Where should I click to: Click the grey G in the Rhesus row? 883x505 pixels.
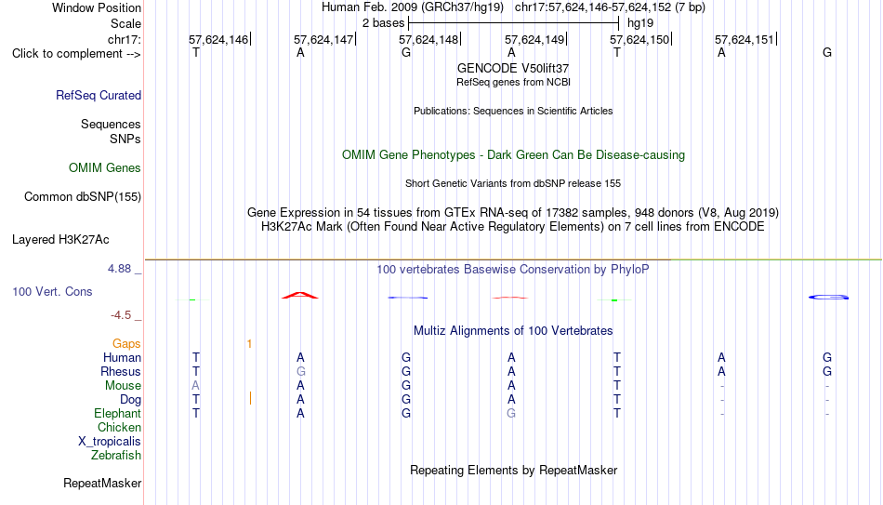[301, 371]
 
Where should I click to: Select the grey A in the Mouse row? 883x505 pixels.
[195, 386]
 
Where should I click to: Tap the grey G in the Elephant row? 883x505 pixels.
[511, 413]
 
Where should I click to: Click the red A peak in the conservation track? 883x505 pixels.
[300, 295]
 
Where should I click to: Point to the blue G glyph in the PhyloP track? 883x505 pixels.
[828, 297]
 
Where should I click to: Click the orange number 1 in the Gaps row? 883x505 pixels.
[249, 344]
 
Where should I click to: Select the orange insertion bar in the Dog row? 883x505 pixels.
[250, 398]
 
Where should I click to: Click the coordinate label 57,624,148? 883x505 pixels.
[428, 39]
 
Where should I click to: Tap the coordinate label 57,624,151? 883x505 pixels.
[745, 39]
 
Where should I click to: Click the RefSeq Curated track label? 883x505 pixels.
[99, 95]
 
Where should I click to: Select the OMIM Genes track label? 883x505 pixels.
[105, 168]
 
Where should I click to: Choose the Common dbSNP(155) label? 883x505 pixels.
[83, 197]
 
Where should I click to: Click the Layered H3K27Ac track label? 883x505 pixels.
[60, 240]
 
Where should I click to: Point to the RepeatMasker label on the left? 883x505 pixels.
[102, 483]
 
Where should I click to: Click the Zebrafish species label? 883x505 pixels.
[116, 456]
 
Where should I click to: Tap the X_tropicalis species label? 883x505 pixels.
[110, 442]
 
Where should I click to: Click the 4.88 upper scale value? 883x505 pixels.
[119, 269]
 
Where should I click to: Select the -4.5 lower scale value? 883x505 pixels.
[121, 315]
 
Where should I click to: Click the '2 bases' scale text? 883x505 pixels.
[384, 23]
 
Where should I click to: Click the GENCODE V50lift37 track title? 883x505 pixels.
[513, 68]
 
